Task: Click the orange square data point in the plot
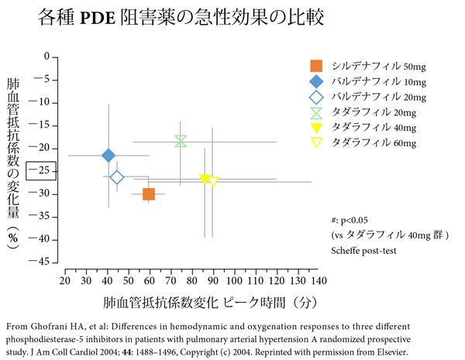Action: (x=149, y=194)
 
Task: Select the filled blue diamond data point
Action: (x=108, y=156)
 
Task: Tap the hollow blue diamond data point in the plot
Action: (x=117, y=178)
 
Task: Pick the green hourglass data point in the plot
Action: (x=181, y=141)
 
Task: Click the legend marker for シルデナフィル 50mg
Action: (x=316, y=67)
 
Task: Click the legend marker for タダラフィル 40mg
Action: (x=316, y=128)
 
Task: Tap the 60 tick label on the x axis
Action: (x=149, y=279)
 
